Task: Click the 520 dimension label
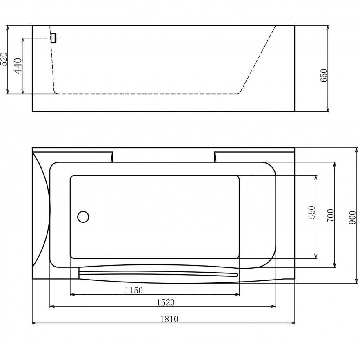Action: [x=4, y=59]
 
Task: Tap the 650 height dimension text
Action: [x=323, y=76]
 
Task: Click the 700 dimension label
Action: [x=330, y=215]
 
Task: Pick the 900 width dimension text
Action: [x=353, y=217]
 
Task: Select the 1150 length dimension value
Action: [x=133, y=291]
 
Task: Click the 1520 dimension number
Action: [x=165, y=302]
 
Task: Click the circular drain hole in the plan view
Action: [x=83, y=217]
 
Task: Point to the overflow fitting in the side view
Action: [x=53, y=38]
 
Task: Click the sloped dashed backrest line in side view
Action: [x=258, y=59]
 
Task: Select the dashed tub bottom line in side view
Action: [x=147, y=94]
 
